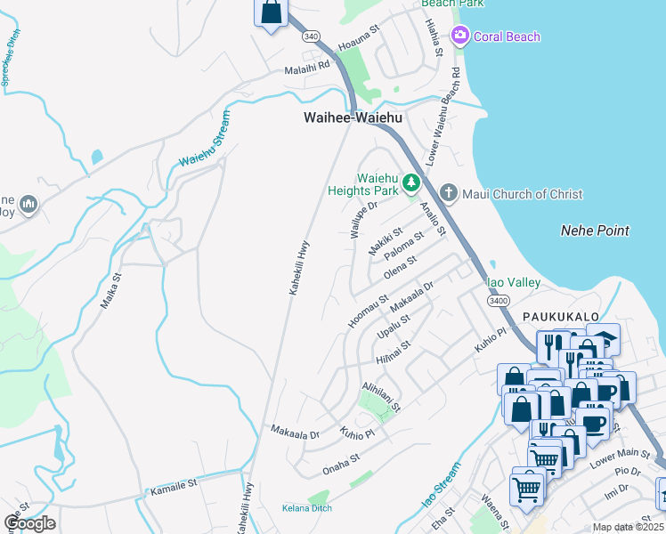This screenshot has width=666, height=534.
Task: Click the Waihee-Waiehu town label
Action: pos(353,117)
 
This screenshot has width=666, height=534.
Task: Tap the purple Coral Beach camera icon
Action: pos(460,36)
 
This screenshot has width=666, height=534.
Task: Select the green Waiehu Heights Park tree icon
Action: pos(410,183)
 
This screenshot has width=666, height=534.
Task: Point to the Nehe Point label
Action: pos(595,231)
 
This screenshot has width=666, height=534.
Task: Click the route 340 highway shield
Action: pos(309,36)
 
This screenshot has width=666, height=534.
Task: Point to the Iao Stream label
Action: pos(442,486)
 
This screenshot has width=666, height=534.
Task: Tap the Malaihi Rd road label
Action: pos(307,69)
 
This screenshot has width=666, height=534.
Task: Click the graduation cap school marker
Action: pos(603,339)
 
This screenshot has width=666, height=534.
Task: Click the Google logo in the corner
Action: pos(29,523)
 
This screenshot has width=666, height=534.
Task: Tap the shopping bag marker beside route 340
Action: pos(272,12)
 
